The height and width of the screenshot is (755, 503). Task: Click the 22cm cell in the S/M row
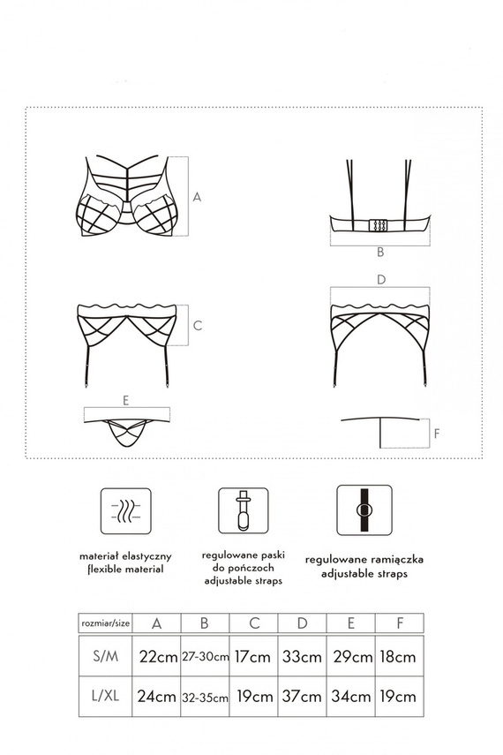tap(157, 656)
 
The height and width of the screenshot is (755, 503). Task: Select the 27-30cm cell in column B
tap(205, 656)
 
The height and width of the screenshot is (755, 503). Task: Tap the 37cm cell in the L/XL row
tap(302, 696)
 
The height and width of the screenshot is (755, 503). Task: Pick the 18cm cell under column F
tap(399, 656)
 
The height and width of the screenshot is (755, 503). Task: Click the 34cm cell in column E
tap(350, 696)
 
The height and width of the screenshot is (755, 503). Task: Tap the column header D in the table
tap(302, 623)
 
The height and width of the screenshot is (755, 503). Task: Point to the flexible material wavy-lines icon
tap(125, 510)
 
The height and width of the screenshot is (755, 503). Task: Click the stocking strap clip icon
tap(243, 510)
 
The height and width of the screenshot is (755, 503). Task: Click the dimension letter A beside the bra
tap(198, 198)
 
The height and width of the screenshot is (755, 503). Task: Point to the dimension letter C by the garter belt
tap(198, 326)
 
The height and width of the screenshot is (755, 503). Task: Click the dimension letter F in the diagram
tap(437, 434)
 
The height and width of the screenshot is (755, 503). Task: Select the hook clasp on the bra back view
tap(379, 224)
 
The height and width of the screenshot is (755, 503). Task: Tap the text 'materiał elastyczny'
tap(124, 557)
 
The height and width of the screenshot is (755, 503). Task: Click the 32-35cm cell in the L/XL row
tap(205, 696)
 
